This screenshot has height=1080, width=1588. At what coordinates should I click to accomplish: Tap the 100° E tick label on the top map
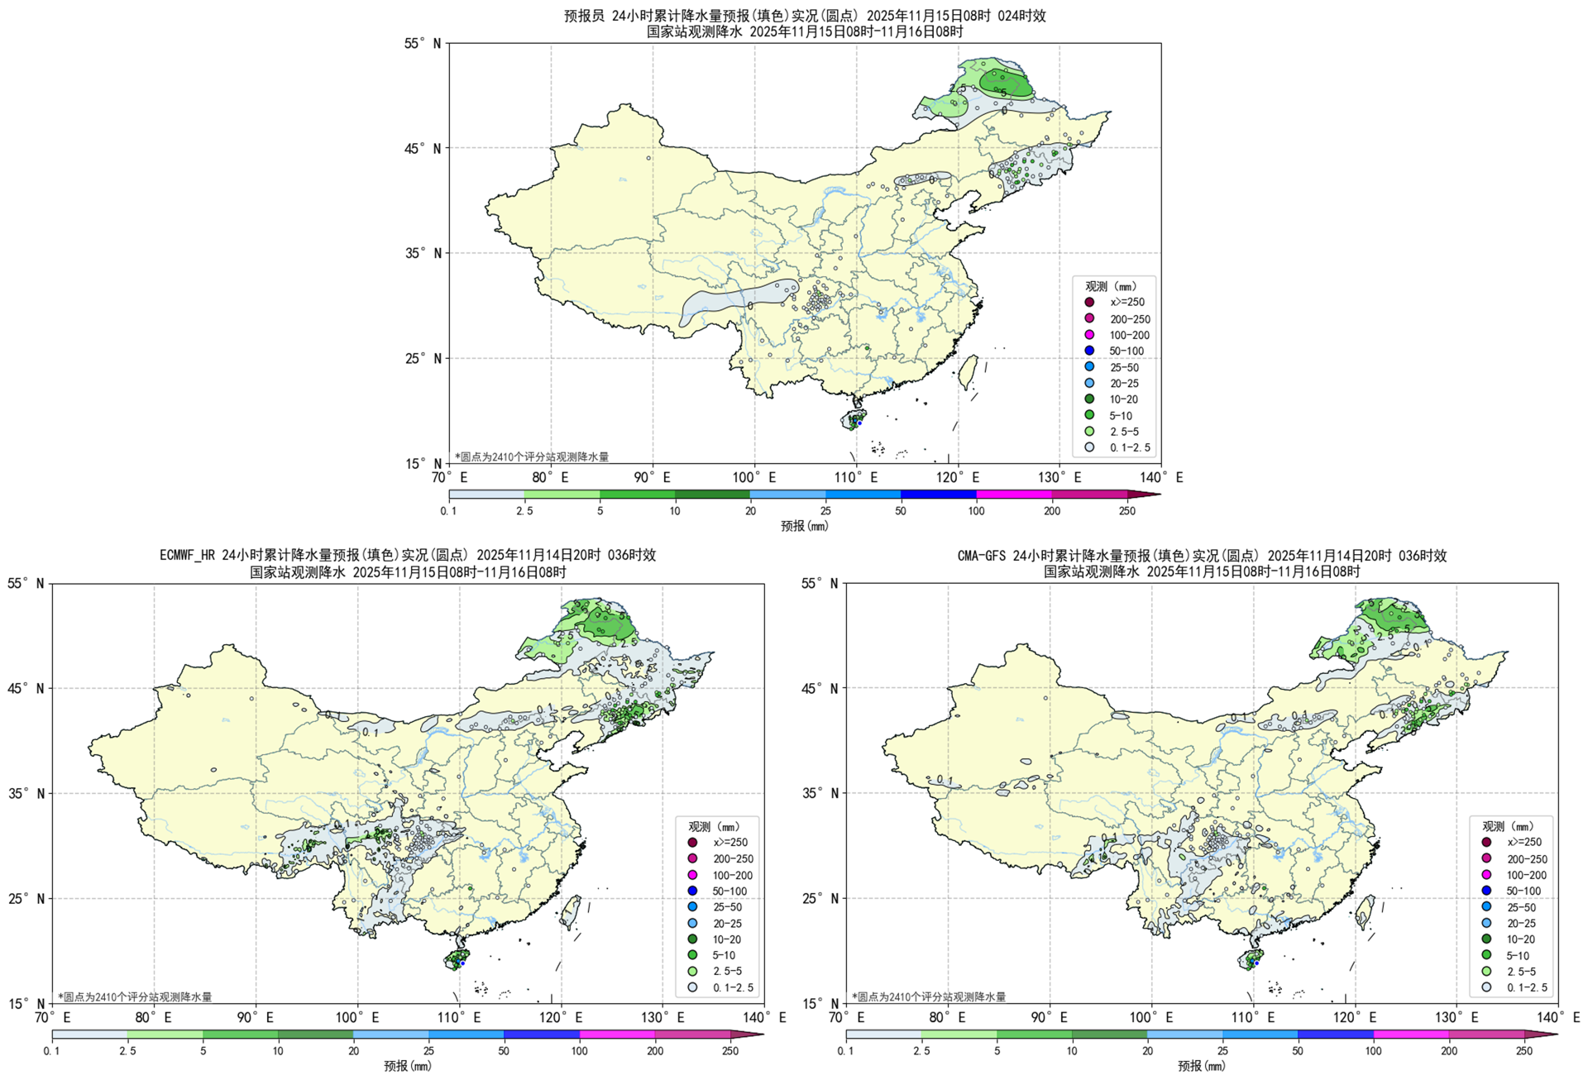(753, 477)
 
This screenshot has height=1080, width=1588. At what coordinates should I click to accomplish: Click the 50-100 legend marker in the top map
(1089, 351)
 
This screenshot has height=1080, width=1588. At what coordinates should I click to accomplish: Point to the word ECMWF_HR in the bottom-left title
(188, 555)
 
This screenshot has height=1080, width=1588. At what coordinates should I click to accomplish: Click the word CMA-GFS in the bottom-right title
(982, 556)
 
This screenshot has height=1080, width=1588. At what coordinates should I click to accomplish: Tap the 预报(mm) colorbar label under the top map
(804, 526)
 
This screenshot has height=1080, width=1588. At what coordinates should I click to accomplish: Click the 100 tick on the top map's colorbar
(976, 511)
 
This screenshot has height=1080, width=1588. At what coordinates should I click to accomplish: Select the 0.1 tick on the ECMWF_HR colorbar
(51, 1051)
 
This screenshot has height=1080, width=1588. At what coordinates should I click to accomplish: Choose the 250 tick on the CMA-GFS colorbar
(1523, 1051)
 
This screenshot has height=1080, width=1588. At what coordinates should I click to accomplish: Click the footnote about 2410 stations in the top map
(531, 456)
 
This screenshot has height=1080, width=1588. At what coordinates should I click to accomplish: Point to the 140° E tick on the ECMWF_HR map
(764, 1017)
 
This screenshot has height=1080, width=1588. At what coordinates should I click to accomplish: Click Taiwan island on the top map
(968, 371)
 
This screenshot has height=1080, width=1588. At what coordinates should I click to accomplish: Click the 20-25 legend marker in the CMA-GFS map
(1486, 923)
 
